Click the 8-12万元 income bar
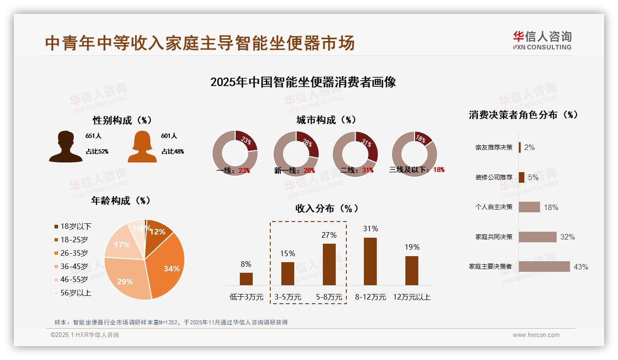click(370, 261)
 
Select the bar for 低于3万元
click(246, 279)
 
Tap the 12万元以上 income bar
click(412, 270)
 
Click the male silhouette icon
click(66, 147)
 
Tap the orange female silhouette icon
click(142, 147)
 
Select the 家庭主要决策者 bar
click(544, 266)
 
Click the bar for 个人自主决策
click(529, 207)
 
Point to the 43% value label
click(581, 267)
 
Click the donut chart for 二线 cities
click(355, 153)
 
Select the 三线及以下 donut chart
click(414, 153)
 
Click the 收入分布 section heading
click(327, 208)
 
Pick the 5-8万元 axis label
click(329, 297)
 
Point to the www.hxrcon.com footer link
click(536, 335)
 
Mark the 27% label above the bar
click(329, 235)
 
